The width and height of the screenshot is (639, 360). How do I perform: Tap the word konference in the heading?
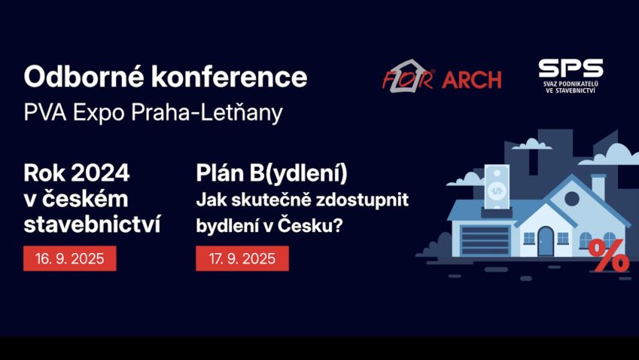pos(230,76)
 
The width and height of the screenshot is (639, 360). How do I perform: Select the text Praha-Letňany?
pos(207,112)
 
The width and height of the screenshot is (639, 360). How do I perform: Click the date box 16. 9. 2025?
pos(70,258)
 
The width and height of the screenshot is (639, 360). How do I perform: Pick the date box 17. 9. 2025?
pos(242,258)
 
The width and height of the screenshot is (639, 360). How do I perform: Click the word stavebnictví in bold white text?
pos(92,224)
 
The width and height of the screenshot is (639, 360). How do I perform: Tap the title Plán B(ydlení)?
pos(272,173)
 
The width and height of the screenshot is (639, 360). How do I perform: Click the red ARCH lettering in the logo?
pos(471,80)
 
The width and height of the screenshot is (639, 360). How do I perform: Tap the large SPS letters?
pos(571,68)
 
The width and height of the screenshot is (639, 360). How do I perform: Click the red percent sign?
pos(609,255)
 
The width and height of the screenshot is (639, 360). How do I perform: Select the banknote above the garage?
pos(497,187)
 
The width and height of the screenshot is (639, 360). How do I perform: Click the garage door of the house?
pos(485,240)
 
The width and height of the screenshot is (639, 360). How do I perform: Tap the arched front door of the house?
pos(545,241)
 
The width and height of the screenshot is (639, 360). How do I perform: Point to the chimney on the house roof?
pos(598,187)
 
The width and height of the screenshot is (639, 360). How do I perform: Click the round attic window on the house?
pos(572,199)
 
